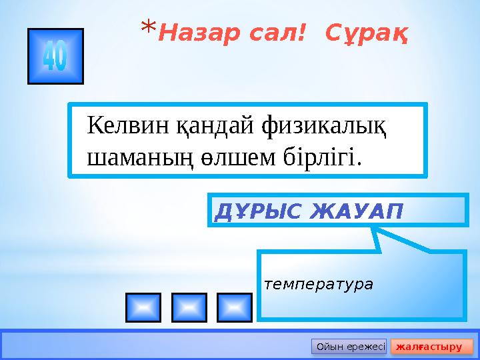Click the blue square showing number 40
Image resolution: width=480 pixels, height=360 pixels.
tap(55, 57)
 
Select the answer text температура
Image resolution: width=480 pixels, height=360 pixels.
tap(319, 284)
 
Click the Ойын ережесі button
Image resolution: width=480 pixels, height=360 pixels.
tap(349, 347)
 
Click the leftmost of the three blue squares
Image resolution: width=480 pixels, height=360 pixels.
tap(143, 307)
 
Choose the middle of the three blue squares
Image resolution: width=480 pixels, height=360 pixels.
tap(189, 307)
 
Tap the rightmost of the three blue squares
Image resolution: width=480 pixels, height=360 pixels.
tap(235, 307)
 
